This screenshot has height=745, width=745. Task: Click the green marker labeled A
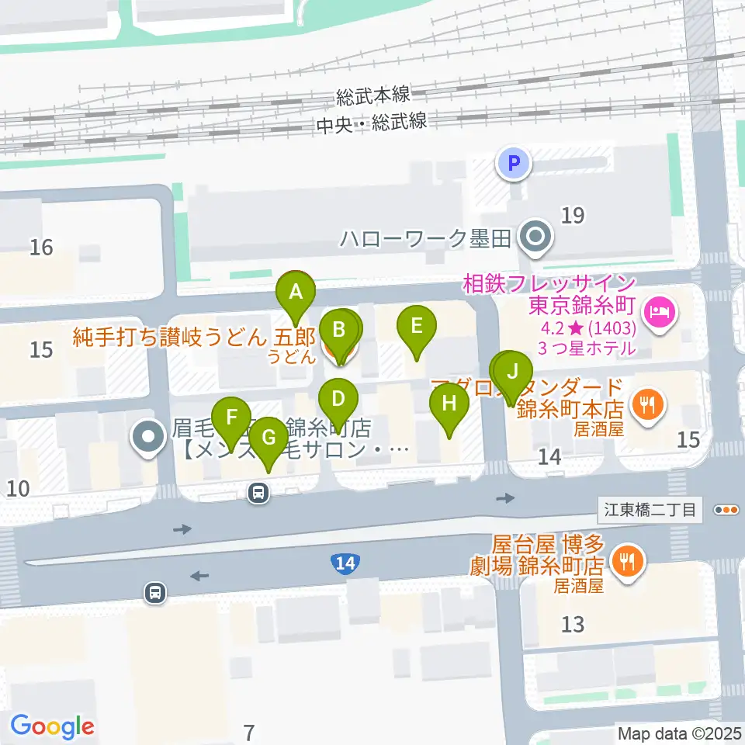click(x=295, y=294)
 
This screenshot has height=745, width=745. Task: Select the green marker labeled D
click(x=338, y=400)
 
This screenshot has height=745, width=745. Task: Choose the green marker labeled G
click(x=269, y=438)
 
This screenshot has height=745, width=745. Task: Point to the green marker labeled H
click(x=449, y=404)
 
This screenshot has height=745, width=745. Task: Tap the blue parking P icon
click(x=512, y=164)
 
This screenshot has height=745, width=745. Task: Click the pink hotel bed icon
click(x=662, y=314)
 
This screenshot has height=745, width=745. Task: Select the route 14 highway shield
click(x=343, y=564)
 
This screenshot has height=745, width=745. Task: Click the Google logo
click(x=52, y=726)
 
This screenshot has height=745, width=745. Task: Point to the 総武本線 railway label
click(x=373, y=96)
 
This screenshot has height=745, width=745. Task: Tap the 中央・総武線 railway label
click(x=372, y=123)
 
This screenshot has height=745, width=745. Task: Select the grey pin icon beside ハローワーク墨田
click(x=535, y=238)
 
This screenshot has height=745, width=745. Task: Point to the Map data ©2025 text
click(x=678, y=733)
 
